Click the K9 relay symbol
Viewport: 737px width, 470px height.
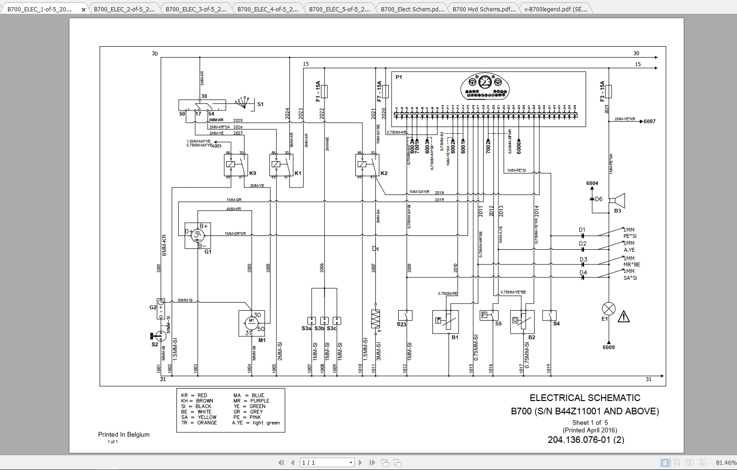pyautogui.click(x=236, y=165)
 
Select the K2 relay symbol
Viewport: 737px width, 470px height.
pyautogui.click(x=367, y=165)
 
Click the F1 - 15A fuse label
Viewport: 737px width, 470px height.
pyautogui.click(x=318, y=91)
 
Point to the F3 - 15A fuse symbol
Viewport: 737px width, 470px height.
pyautogui.click(x=609, y=91)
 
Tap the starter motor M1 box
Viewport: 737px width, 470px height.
pyautogui.click(x=251, y=323)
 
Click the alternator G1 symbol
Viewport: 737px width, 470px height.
pyautogui.click(x=198, y=235)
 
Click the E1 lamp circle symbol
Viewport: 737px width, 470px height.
pyautogui.click(x=609, y=308)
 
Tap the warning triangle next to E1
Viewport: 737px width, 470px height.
pyautogui.click(x=623, y=317)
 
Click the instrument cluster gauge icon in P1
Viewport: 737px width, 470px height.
pyautogui.click(x=485, y=87)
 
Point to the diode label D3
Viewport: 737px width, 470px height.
pyautogui.click(x=584, y=259)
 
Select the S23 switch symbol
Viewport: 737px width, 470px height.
pyautogui.click(x=405, y=315)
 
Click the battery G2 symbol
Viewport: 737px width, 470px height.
pyautogui.click(x=161, y=308)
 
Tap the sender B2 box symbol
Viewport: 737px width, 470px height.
pyautogui.click(x=522, y=322)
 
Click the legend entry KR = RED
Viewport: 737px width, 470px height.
pyautogui.click(x=194, y=395)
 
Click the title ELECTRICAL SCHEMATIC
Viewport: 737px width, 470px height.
pyautogui.click(x=585, y=398)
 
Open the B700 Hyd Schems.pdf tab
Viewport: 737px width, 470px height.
pyautogui.click(x=483, y=9)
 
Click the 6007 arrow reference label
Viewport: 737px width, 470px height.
pyautogui.click(x=649, y=121)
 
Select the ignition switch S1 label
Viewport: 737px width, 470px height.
pyautogui.click(x=260, y=104)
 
